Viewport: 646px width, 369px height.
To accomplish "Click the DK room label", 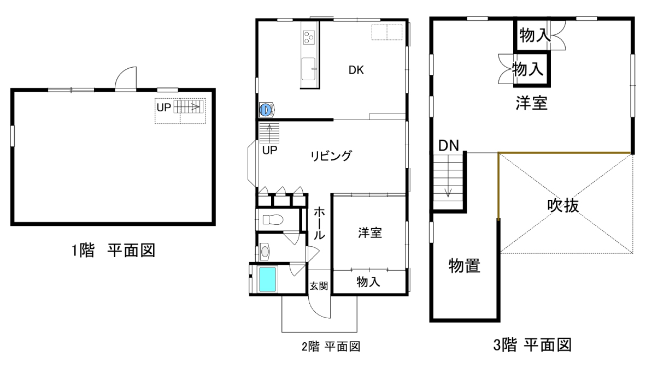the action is (x=356, y=70).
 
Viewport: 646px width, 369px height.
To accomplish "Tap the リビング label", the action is (x=331, y=156).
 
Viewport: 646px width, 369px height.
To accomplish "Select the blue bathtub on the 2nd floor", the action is (x=267, y=279).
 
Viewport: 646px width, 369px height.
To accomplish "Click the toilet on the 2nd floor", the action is (x=272, y=219).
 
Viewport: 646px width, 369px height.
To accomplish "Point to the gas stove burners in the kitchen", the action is (x=309, y=38).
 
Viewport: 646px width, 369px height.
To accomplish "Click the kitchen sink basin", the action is (x=309, y=69).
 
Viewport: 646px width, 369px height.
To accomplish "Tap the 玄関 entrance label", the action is (x=319, y=285).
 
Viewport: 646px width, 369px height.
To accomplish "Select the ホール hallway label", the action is (x=319, y=223).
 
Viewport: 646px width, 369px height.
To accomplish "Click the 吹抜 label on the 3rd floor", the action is (x=563, y=205).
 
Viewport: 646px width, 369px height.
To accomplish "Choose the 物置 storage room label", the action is (x=465, y=266).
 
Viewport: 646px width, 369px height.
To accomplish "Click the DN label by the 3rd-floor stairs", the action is (x=448, y=145).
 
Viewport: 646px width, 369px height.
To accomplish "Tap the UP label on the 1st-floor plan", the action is (x=163, y=108).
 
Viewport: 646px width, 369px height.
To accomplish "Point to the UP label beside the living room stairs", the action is (x=270, y=150).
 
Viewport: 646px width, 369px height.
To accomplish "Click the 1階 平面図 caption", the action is (x=113, y=250).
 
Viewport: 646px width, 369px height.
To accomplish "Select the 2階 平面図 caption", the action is (x=331, y=347).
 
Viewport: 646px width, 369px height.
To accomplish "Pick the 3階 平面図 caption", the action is (x=532, y=345).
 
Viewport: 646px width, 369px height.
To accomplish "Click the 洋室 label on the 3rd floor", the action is (x=531, y=103).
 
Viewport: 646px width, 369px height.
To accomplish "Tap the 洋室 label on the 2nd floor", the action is (x=370, y=233).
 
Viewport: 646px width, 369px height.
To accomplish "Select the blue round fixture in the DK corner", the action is (x=267, y=110).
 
